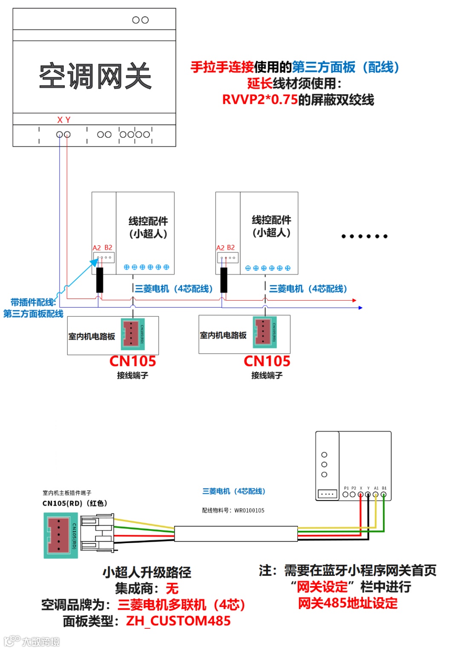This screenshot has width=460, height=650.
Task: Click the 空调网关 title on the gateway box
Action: (x=95, y=77)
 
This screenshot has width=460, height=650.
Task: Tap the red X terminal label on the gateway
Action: (x=60, y=120)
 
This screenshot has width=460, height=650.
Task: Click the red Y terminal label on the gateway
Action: (x=68, y=120)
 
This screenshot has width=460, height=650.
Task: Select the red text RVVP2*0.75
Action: (x=260, y=100)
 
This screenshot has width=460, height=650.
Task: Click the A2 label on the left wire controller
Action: (x=97, y=247)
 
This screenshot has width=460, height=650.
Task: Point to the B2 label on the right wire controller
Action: (x=231, y=247)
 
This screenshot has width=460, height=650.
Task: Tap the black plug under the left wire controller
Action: (x=100, y=280)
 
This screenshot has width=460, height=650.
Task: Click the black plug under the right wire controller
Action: (x=224, y=280)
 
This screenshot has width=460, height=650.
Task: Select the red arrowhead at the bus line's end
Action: (x=354, y=300)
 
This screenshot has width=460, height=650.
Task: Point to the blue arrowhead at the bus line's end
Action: (x=360, y=308)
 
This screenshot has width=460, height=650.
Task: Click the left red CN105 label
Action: (x=132, y=361)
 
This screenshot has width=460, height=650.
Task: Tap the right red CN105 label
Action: (x=267, y=361)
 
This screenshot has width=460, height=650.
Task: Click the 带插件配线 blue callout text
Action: (x=33, y=302)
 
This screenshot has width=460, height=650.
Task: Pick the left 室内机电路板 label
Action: (x=92, y=337)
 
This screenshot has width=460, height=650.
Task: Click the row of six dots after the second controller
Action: (x=364, y=236)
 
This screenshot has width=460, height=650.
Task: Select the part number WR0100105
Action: (x=249, y=510)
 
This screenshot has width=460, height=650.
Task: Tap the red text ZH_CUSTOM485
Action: (x=178, y=621)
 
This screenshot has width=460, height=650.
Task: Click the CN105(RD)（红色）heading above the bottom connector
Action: (x=75, y=503)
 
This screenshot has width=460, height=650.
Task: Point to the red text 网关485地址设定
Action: (x=348, y=603)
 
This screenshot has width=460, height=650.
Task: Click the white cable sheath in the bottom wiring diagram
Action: (x=236, y=534)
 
